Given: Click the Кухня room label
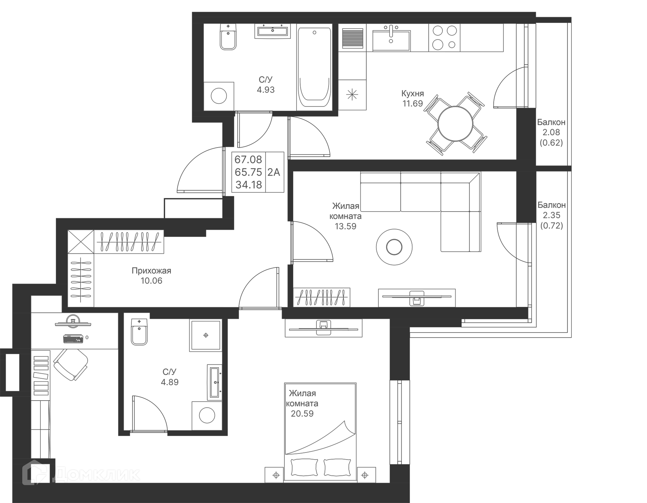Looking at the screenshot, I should (412, 93).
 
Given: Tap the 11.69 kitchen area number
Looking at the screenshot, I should (412, 103).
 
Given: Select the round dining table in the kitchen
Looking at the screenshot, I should (455, 124).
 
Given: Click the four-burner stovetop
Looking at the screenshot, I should (444, 37).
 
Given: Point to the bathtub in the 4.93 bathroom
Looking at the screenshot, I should (314, 67).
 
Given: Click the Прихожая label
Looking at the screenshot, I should (151, 271).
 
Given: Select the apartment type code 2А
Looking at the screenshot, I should (274, 172).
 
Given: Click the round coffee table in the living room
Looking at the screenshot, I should (394, 247).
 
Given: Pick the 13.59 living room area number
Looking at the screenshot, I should (345, 226).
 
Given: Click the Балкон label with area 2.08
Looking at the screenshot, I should (551, 122).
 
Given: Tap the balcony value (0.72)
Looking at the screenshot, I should (552, 225).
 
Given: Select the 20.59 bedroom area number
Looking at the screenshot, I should (302, 413).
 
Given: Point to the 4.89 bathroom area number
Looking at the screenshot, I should (170, 382).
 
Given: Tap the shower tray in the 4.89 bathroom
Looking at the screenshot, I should (206, 335).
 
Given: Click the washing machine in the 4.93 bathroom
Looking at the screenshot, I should (219, 96).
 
